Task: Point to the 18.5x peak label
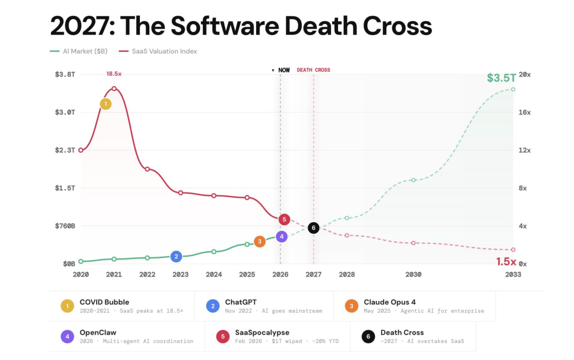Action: pyautogui.click(x=114, y=74)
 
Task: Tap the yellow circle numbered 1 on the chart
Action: pyautogui.click(x=106, y=104)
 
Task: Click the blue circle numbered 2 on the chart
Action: pyautogui.click(x=176, y=256)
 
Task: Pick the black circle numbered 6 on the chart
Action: pyautogui.click(x=314, y=228)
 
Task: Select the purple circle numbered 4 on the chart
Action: pyautogui.click(x=282, y=237)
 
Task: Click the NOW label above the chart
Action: pyautogui.click(x=284, y=70)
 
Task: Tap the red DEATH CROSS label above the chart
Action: pyautogui.click(x=313, y=70)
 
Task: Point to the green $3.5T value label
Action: pyautogui.click(x=502, y=78)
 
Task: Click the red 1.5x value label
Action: pyautogui.click(x=506, y=262)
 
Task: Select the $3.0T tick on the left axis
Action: pyautogui.click(x=65, y=112)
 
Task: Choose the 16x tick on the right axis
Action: pyautogui.click(x=525, y=112)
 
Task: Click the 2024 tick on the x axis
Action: pyautogui.click(x=214, y=274)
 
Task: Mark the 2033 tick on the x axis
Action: pyautogui.click(x=513, y=274)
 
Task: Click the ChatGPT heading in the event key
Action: pyautogui.click(x=241, y=302)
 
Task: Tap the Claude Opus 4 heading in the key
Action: pyautogui.click(x=390, y=302)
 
